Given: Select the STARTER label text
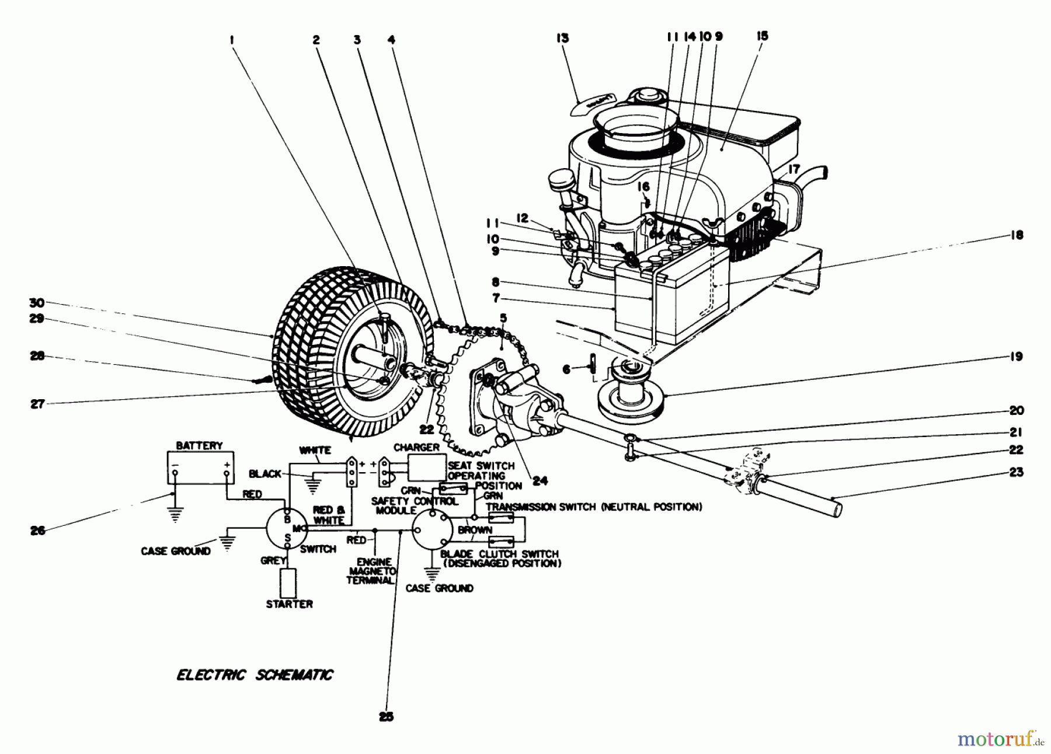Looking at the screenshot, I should pyautogui.click(x=290, y=604).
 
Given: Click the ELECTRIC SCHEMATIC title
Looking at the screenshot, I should pyautogui.click(x=255, y=675).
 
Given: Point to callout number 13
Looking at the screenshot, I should pyautogui.click(x=562, y=39).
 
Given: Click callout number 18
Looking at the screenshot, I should pyautogui.click(x=1017, y=235).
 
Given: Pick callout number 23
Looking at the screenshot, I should pyautogui.click(x=1017, y=472).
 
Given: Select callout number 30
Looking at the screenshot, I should pyautogui.click(x=37, y=302).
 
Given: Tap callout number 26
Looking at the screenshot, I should pyautogui.click(x=38, y=530).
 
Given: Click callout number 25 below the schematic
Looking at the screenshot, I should pyautogui.click(x=386, y=717).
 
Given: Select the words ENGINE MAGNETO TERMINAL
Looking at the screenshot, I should pyautogui.click(x=372, y=570).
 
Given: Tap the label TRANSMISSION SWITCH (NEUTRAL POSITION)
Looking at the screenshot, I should pyautogui.click(x=593, y=507).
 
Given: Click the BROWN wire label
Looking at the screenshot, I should pyautogui.click(x=475, y=530).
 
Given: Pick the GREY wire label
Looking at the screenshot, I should pyautogui.click(x=273, y=561).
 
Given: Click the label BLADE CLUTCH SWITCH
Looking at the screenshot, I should pyautogui.click(x=500, y=554).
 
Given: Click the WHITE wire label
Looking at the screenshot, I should pyautogui.click(x=315, y=450).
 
